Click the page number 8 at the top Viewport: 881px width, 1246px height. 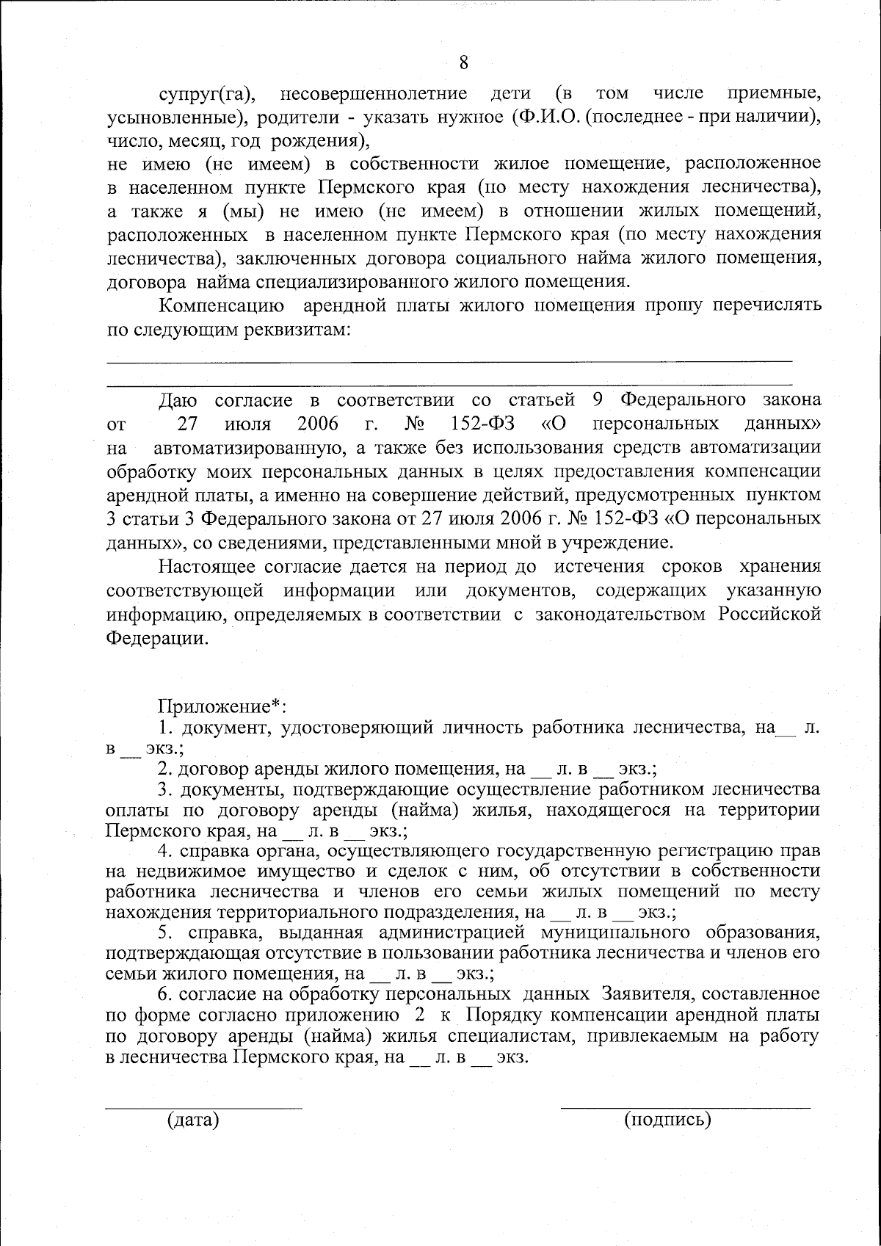(x=463, y=62)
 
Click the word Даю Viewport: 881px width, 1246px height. (x=178, y=401)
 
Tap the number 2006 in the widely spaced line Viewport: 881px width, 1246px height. (x=318, y=424)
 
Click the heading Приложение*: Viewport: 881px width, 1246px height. (x=222, y=706)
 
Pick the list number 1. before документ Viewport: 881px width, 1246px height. (x=165, y=728)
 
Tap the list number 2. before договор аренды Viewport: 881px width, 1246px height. (x=165, y=769)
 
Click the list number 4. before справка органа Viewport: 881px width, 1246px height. (x=165, y=851)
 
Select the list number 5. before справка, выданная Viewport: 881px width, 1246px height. (x=165, y=932)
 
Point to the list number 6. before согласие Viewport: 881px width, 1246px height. (x=165, y=994)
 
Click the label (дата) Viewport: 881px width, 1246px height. (x=194, y=1119)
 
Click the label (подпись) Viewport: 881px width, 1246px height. (x=667, y=1119)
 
